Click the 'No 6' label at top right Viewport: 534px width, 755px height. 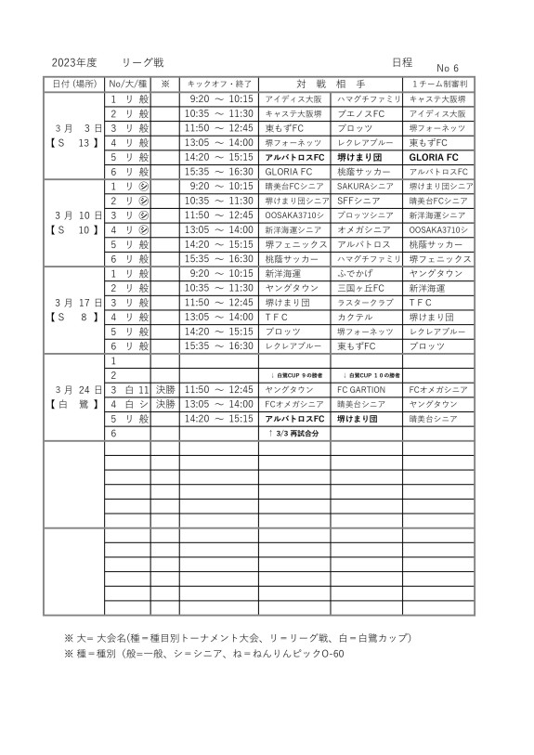click(x=449, y=68)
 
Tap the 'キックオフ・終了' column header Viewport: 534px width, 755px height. click(x=218, y=84)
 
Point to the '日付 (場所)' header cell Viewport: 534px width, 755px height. click(x=74, y=84)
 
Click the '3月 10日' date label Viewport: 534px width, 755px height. click(x=74, y=215)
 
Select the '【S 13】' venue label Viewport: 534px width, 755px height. click(x=74, y=143)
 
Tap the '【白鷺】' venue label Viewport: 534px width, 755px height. click(x=74, y=404)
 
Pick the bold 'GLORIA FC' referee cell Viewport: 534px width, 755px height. click(x=434, y=157)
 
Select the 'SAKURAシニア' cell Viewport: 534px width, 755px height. click(x=366, y=186)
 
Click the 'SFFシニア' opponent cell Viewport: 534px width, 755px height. click(x=358, y=201)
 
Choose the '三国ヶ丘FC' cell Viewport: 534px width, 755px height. click(x=361, y=288)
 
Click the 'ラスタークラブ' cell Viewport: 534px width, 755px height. click(x=366, y=302)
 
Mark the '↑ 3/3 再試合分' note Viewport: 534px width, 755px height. click(x=293, y=433)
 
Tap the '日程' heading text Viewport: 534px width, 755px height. click(x=401, y=62)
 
